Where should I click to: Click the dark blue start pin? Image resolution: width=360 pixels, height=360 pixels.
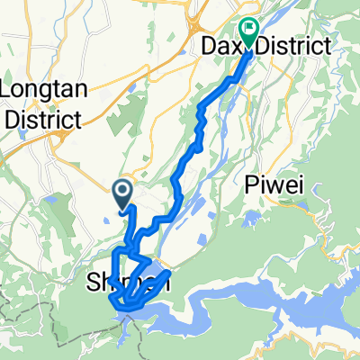pos(122,192)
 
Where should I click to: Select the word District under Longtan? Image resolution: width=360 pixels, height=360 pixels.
pos(43,118)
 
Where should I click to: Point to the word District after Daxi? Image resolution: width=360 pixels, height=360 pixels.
pos(290,45)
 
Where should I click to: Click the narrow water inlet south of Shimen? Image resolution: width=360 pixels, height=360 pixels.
pos(131,337)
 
